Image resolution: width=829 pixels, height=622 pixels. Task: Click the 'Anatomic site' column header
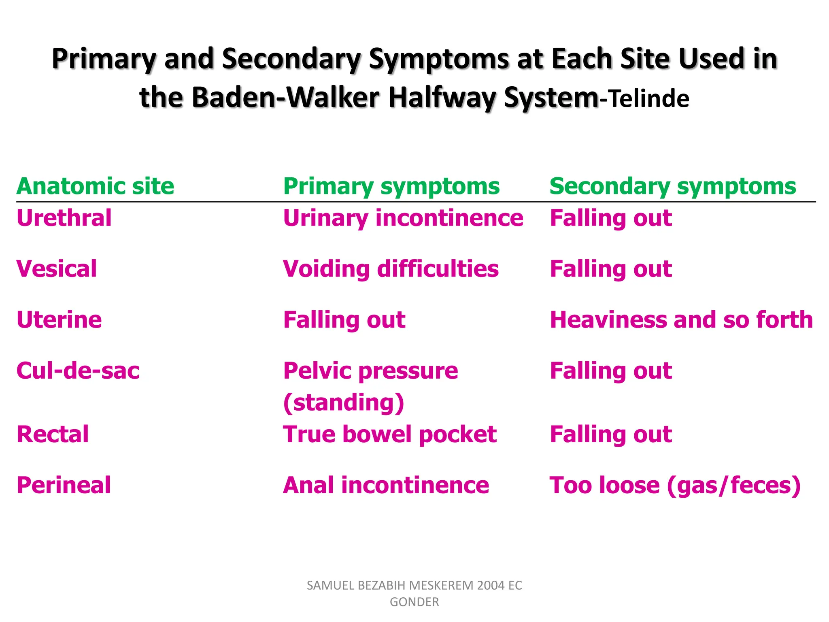pyautogui.click(x=95, y=187)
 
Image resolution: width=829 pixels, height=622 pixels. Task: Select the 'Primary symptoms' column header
pyautogui.click(x=391, y=187)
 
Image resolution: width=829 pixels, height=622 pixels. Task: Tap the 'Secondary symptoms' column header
pyautogui.click(x=673, y=187)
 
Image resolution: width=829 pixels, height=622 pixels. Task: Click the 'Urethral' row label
pyautogui.click(x=64, y=218)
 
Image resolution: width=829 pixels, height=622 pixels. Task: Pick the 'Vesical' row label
pyautogui.click(x=57, y=269)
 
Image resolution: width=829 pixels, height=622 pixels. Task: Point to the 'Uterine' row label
pyautogui.click(x=59, y=320)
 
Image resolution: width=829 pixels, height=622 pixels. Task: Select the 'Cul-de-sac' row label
pyautogui.click(x=78, y=371)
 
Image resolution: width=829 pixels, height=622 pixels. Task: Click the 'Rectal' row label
pyautogui.click(x=53, y=435)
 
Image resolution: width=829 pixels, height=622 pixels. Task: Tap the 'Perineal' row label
pyautogui.click(x=64, y=485)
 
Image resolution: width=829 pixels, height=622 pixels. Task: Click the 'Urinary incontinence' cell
pyautogui.click(x=403, y=218)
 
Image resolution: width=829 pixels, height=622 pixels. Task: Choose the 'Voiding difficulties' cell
pyautogui.click(x=391, y=269)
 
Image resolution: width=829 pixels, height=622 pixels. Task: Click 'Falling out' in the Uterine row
pyautogui.click(x=344, y=320)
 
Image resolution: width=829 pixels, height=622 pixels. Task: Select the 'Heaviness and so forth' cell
pyautogui.click(x=681, y=320)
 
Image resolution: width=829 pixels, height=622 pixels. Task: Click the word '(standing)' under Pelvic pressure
pyautogui.click(x=344, y=403)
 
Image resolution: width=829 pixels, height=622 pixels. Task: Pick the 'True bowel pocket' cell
pyautogui.click(x=390, y=435)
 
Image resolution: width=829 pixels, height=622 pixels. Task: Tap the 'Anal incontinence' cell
pyautogui.click(x=386, y=485)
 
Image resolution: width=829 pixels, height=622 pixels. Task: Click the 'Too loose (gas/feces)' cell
pyautogui.click(x=675, y=485)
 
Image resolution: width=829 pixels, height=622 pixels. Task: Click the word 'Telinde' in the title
pyautogui.click(x=649, y=99)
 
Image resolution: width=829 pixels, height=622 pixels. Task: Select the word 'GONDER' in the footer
pyautogui.click(x=414, y=602)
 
